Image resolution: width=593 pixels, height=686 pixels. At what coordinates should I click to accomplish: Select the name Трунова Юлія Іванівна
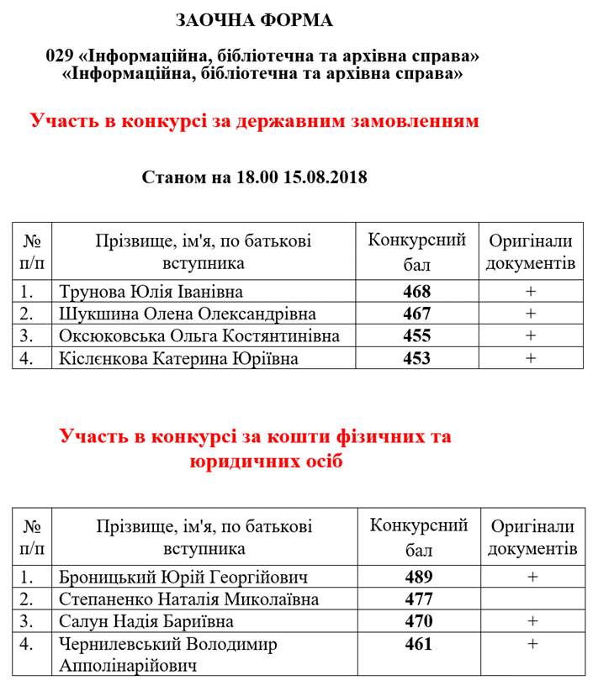click(151, 293)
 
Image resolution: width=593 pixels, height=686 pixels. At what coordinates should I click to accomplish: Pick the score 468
click(416, 293)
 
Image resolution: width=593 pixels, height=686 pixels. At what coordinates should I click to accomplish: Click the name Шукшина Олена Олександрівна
click(188, 314)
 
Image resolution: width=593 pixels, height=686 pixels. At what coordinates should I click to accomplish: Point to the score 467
click(416, 314)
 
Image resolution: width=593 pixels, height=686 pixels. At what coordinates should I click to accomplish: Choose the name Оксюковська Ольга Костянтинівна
click(200, 336)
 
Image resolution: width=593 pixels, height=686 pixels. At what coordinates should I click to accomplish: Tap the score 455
click(416, 336)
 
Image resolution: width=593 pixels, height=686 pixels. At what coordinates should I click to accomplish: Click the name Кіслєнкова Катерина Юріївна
click(179, 358)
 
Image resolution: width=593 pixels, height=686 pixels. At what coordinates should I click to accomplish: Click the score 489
click(418, 578)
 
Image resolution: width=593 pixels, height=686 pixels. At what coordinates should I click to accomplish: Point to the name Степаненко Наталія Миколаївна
click(190, 600)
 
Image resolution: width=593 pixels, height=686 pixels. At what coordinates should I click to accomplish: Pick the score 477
click(418, 600)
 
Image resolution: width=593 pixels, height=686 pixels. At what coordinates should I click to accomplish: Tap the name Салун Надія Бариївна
click(147, 622)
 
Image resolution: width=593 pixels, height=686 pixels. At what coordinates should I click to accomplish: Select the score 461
click(418, 645)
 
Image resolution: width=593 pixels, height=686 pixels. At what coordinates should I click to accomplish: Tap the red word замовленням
click(410, 121)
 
